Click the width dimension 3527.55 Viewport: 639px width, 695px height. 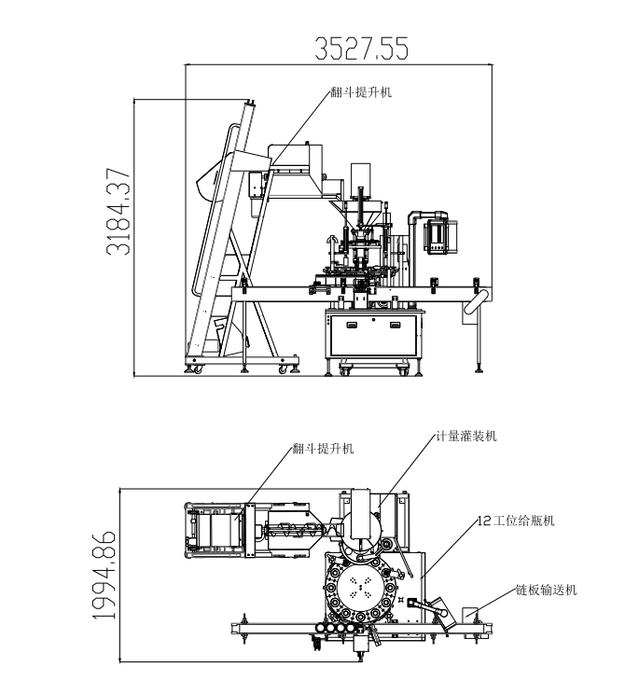(361, 48)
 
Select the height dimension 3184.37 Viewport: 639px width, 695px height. (118, 212)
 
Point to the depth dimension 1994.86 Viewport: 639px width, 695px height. (104, 576)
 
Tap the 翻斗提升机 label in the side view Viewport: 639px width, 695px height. (361, 93)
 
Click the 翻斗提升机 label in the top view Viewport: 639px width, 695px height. (322, 449)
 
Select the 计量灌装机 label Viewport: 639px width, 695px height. (466, 436)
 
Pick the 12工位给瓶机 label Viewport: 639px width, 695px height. (515, 520)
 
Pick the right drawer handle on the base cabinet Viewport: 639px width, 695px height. (396, 325)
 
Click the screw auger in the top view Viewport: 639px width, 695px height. (294, 534)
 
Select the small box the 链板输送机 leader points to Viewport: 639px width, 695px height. (471, 615)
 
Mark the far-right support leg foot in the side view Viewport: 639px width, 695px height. (479, 369)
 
